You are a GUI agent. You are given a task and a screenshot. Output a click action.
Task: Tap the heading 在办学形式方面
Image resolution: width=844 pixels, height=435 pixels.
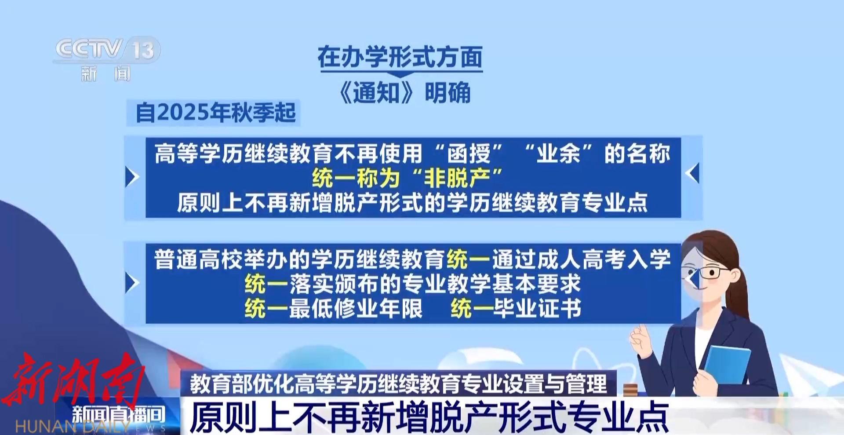point(400,57)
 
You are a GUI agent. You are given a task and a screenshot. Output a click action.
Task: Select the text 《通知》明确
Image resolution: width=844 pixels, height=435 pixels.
point(404,92)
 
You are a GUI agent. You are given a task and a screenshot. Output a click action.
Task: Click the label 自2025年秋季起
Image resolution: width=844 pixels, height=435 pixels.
point(215,113)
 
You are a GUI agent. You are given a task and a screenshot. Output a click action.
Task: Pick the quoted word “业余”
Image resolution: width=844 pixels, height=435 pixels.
point(558,154)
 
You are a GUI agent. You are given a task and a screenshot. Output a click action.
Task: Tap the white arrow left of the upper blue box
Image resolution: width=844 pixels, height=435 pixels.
point(132,176)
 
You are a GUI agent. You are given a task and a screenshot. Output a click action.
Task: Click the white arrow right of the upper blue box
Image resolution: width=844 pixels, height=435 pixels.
point(692,173)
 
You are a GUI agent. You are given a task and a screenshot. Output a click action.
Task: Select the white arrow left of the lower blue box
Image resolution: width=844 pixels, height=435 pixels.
point(132,283)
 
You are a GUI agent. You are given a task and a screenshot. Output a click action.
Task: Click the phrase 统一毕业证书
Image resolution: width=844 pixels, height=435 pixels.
point(516,308)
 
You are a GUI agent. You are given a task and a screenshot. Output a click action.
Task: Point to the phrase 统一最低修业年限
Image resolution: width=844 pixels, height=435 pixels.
point(334,308)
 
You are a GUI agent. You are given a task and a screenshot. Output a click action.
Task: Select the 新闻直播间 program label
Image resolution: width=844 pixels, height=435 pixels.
point(119,415)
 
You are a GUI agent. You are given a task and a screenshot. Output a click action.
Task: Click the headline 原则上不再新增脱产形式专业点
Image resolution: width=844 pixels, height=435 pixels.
point(429,416)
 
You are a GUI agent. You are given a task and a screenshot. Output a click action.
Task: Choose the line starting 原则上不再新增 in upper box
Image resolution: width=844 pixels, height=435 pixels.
point(412,203)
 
